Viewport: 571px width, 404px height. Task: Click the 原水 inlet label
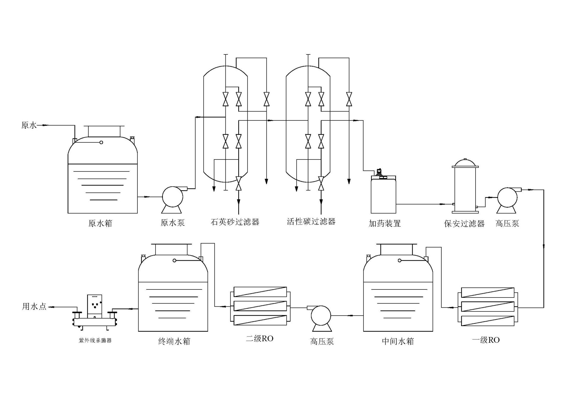[29, 125]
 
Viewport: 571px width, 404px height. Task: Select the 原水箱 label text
[100, 223]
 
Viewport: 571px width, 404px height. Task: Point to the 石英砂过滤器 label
[235, 222]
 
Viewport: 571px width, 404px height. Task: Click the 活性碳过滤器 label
[311, 221]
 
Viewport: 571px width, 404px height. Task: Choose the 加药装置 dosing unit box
[384, 195]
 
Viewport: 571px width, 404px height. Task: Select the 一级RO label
[486, 340]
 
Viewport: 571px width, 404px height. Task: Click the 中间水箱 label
[398, 341]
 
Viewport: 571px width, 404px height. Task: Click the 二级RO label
[259, 339]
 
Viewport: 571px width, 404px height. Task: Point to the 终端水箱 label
[174, 341]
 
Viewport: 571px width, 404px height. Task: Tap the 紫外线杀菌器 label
[95, 340]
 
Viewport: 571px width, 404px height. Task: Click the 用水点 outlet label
[34, 306]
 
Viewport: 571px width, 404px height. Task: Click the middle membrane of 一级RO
[487, 306]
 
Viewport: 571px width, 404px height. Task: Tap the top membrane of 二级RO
[260, 292]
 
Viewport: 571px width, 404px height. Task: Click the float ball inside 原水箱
[101, 143]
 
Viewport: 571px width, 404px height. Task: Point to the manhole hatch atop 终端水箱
[172, 249]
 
